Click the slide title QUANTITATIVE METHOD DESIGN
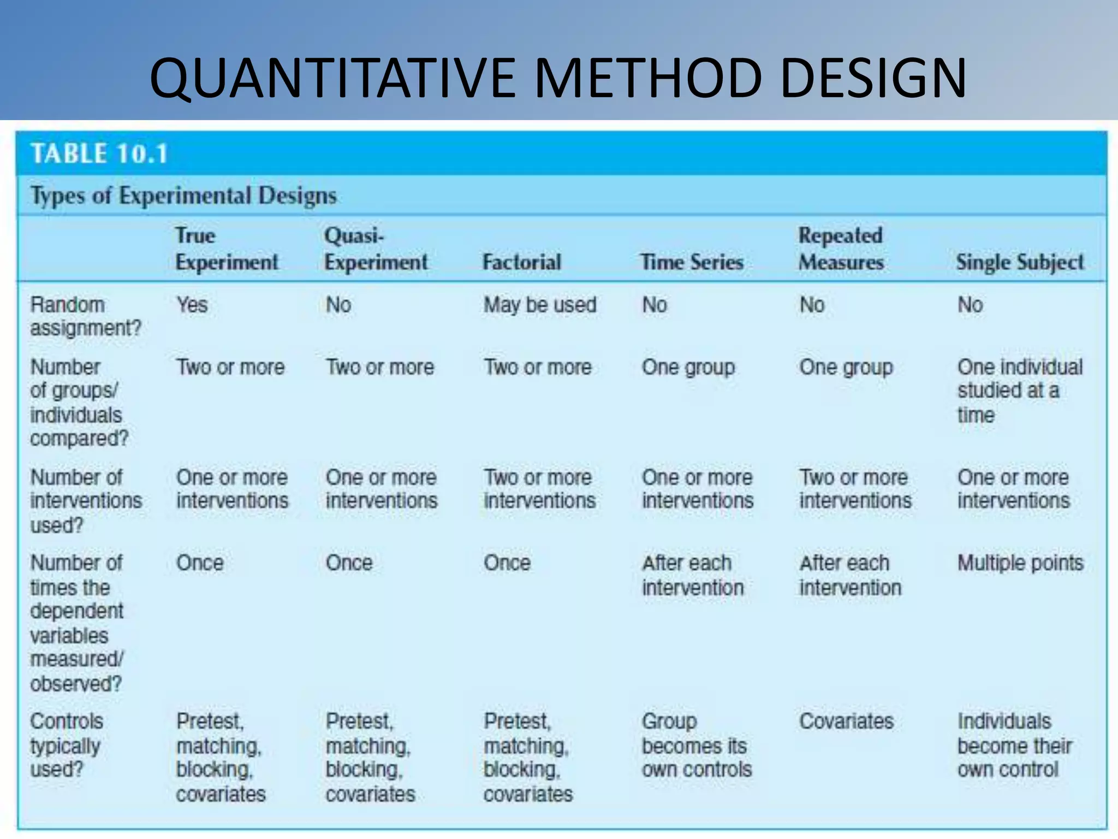(558, 78)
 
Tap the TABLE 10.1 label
(99, 153)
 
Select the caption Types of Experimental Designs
(183, 196)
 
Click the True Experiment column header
(227, 249)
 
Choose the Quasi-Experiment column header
(376, 249)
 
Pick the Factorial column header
(521, 262)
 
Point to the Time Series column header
(692, 262)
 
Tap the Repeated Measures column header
(841, 249)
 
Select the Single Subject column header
(1020, 262)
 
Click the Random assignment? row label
(86, 316)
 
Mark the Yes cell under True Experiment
(192, 305)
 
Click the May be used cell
(540, 305)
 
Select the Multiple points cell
(1020, 563)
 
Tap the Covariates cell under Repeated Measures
(846, 721)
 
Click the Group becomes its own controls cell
(697, 745)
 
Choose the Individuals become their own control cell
(1014, 745)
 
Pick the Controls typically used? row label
(66, 745)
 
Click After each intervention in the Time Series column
(692, 575)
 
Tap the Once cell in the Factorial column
(507, 563)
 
